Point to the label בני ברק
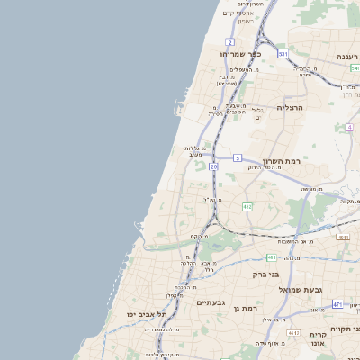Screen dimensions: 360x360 pyautogui.click(x=265, y=274)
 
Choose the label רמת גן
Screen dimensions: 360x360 pyautogui.click(x=245, y=309)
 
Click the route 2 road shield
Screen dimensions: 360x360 pyautogui.click(x=230, y=42)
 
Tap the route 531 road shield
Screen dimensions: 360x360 pyautogui.click(x=283, y=54)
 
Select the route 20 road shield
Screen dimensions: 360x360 pyautogui.click(x=213, y=166)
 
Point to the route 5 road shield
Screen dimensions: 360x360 pyautogui.click(x=238, y=157)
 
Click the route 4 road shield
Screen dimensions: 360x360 pyautogui.click(x=349, y=127)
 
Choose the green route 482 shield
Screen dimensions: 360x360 pyautogui.click(x=247, y=207)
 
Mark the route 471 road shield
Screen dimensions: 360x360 pyautogui.click(x=337, y=304)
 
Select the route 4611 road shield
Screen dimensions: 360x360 pyautogui.click(x=343, y=237)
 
